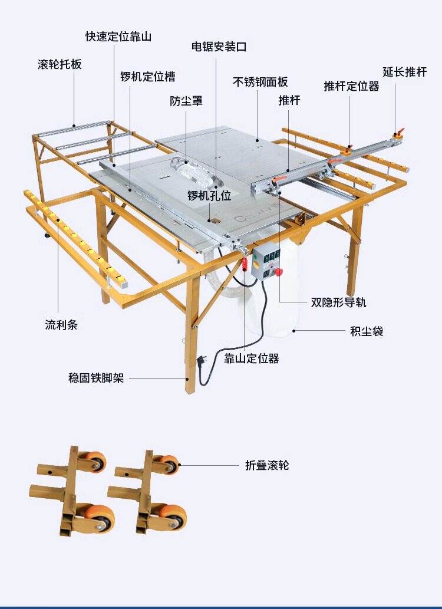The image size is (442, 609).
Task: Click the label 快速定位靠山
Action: (x=118, y=37)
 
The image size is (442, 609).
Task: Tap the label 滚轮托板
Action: (x=60, y=64)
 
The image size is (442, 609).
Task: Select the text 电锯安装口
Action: (x=219, y=46)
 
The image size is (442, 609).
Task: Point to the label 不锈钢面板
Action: (x=260, y=82)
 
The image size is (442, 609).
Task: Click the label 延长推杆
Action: (x=404, y=72)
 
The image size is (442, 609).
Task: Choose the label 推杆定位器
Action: (x=351, y=86)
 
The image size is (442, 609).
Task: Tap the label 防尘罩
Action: (x=186, y=101)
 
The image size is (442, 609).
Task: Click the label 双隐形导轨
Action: (x=339, y=302)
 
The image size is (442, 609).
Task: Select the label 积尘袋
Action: (x=367, y=331)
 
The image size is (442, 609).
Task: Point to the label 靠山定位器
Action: (x=252, y=358)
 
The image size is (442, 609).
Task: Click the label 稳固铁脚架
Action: (x=96, y=378)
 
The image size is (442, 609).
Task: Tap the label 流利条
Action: (x=61, y=324)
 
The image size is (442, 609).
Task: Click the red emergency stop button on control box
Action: (x=278, y=272)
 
